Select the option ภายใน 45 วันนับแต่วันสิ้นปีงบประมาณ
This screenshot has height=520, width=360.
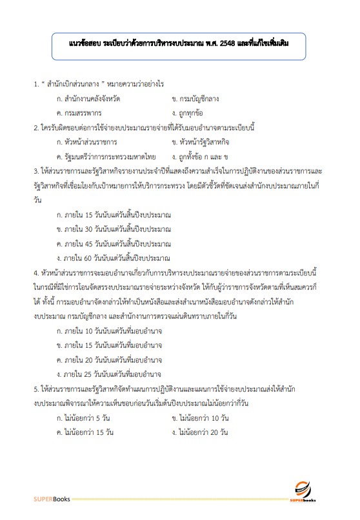[114, 244]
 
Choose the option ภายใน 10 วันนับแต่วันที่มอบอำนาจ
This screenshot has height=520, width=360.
[109, 330]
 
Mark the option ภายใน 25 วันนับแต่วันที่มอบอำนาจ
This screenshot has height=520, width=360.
[109, 374]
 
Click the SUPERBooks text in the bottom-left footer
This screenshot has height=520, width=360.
[51, 499]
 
